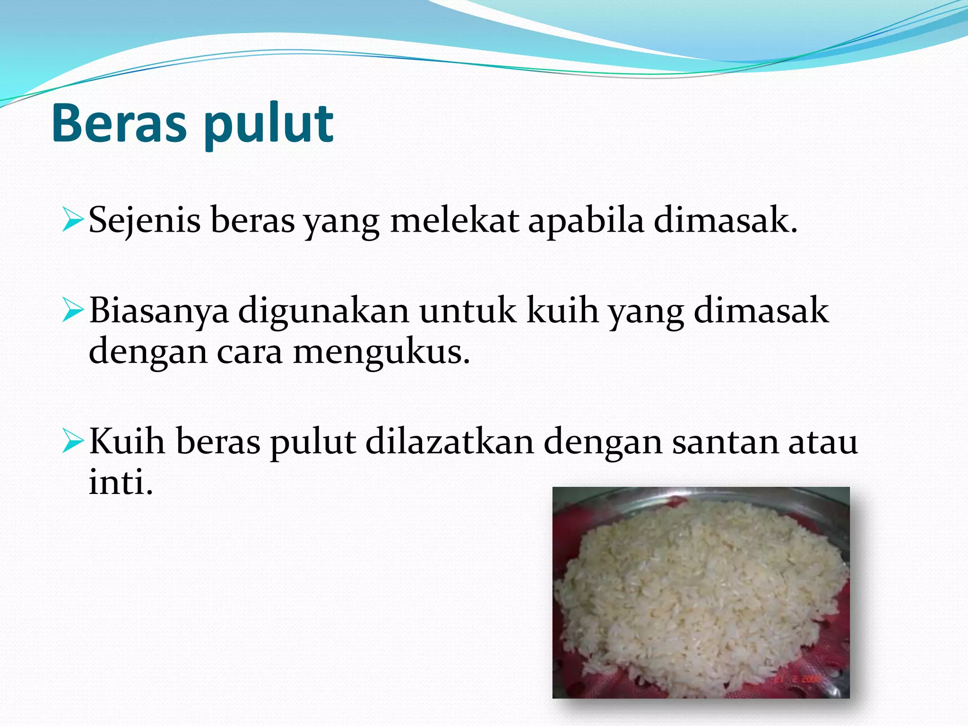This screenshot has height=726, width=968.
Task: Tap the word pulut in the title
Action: click(269, 125)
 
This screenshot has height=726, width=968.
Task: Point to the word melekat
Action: click(454, 220)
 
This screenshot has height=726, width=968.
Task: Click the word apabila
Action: click(586, 220)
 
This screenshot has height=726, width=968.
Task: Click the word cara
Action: click(250, 352)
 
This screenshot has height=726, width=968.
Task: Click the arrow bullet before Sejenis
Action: click(73, 221)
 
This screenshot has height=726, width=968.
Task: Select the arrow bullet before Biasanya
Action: click(73, 311)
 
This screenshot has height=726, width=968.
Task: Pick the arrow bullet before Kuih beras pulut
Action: click(73, 442)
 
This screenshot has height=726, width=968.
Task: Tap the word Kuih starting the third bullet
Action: click(127, 441)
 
